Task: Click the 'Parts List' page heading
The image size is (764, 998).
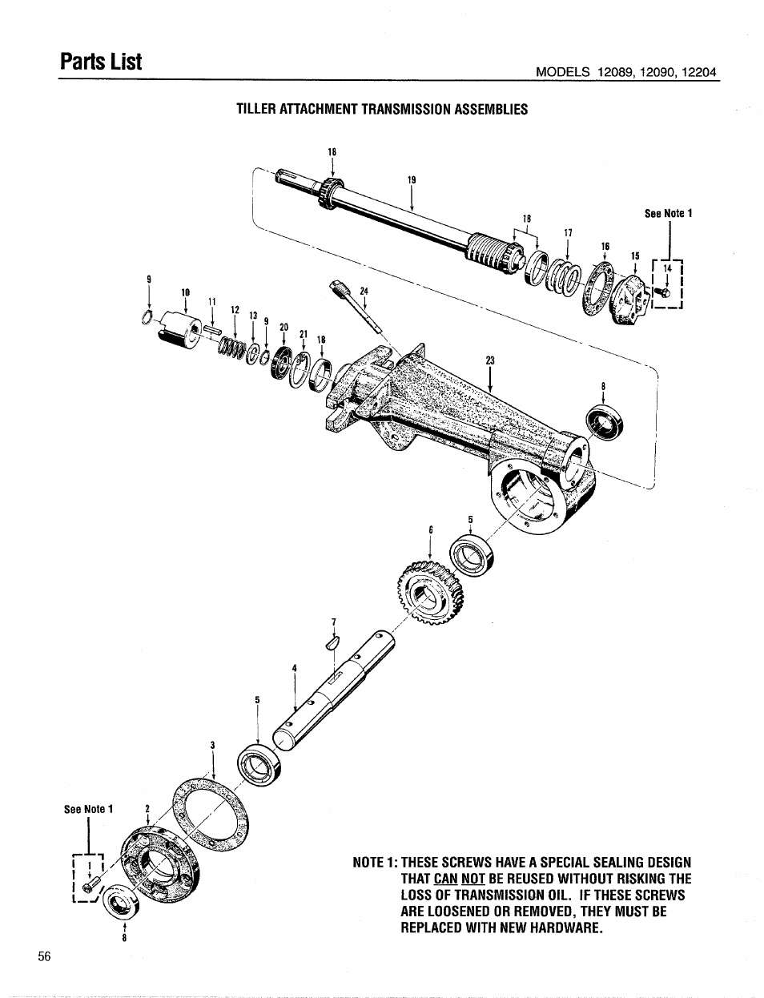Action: pyautogui.click(x=102, y=60)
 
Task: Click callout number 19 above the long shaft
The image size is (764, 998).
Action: pyautogui.click(x=412, y=180)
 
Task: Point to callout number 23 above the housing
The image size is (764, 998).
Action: pyautogui.click(x=489, y=360)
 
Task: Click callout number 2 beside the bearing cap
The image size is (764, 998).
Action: pyautogui.click(x=147, y=809)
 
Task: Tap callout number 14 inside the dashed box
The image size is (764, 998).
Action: pyautogui.click(x=666, y=270)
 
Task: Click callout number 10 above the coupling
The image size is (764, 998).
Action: pyautogui.click(x=185, y=292)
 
